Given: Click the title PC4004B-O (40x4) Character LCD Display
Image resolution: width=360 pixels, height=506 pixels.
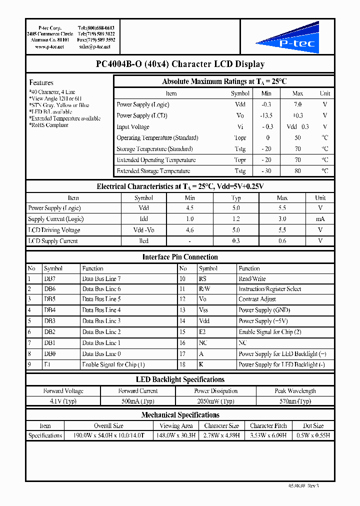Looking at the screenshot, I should pyautogui.click(x=180, y=64).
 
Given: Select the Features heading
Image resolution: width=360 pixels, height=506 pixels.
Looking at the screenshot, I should pyautogui.click(x=41, y=82).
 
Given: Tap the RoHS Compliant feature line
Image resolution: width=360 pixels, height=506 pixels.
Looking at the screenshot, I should pyautogui.click(x=48, y=125).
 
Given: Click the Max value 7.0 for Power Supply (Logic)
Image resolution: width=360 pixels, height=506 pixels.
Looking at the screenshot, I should pyautogui.click(x=297, y=104).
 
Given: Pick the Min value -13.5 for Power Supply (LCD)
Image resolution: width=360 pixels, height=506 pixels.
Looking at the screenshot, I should pyautogui.click(x=266, y=115).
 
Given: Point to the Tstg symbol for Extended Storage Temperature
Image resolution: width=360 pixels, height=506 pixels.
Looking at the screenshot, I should pyautogui.click(x=240, y=171).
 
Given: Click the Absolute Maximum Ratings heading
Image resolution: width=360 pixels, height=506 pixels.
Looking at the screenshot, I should pyautogui.click(x=224, y=81).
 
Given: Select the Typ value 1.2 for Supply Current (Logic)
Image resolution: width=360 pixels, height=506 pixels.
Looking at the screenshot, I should pyautogui.click(x=236, y=219).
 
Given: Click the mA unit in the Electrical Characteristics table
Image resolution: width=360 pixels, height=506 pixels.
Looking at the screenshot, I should pyautogui.click(x=320, y=219).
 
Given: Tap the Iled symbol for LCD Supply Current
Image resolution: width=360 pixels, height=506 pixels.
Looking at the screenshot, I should pyautogui.click(x=143, y=241).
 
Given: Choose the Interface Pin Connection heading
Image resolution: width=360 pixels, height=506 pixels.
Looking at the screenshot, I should pyautogui.click(x=180, y=257).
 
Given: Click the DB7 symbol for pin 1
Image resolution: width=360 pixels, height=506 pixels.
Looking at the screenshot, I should pyautogui.click(x=49, y=278).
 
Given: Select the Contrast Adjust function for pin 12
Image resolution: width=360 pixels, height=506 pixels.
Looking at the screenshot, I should pyautogui.click(x=257, y=299).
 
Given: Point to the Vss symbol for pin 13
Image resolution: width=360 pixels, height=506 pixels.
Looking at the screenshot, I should pyautogui.click(x=203, y=310).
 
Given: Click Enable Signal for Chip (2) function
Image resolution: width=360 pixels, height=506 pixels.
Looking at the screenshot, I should pyautogui.click(x=269, y=332).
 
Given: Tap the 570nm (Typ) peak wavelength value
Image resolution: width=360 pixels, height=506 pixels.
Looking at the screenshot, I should pyautogui.click(x=295, y=401).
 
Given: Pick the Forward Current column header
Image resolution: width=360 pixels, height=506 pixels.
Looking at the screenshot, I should pyautogui.click(x=138, y=391).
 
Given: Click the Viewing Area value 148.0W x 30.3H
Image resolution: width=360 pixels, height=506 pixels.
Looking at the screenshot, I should pyautogui.click(x=176, y=435).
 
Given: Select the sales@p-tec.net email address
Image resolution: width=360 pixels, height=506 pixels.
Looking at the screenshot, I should pyautogui.click(x=94, y=46).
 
